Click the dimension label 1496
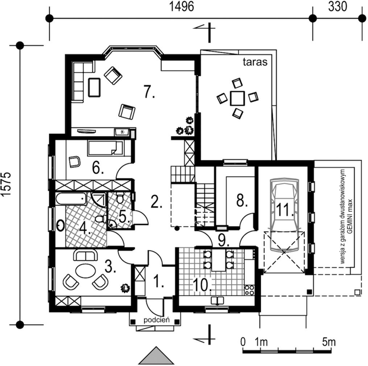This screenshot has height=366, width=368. [181, 7]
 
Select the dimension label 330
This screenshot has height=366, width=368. [338, 7]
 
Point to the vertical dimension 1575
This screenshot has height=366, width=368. [6, 184]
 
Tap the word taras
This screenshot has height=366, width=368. [255, 62]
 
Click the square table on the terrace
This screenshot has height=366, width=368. [237, 98]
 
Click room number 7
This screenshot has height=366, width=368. [149, 92]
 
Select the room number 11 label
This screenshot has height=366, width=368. [285, 210]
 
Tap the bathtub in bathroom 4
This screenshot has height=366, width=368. [71, 199]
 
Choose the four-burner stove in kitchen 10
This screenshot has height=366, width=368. [249, 290]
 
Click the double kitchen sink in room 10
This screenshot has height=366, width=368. [217, 301]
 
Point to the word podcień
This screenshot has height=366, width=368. [156, 320]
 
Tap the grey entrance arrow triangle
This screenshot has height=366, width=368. [156, 355]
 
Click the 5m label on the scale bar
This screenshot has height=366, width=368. [328, 342]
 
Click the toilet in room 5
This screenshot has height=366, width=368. [120, 198]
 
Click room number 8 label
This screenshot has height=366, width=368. [242, 200]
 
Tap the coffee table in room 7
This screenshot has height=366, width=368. [94, 87]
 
